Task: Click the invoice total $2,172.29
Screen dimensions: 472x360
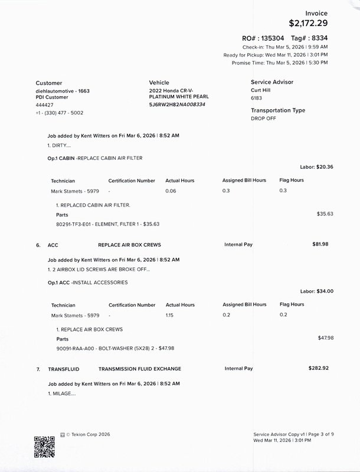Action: tap(308, 24)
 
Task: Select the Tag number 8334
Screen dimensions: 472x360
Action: tap(318, 38)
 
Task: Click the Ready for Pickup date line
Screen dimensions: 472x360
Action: tap(276, 54)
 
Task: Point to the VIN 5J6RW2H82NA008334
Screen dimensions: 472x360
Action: tap(177, 104)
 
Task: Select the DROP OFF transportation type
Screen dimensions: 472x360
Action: tap(264, 119)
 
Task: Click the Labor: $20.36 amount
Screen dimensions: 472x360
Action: tap(317, 167)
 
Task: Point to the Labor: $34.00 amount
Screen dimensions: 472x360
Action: tap(317, 291)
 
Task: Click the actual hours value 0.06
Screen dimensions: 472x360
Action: tap(171, 191)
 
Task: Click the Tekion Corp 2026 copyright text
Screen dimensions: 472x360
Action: tap(88, 434)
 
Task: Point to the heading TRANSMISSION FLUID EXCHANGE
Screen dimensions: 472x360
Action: tap(140, 369)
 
